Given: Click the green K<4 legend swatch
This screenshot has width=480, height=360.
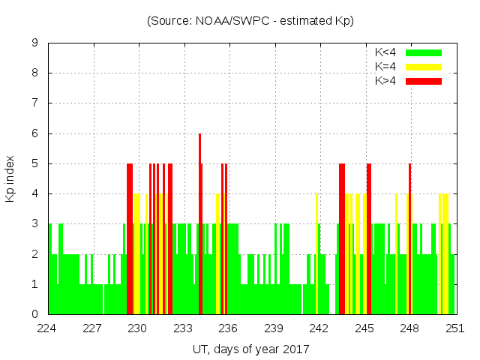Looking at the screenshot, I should tap(424, 52).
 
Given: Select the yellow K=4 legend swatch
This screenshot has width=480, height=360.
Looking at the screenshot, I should tap(424, 67).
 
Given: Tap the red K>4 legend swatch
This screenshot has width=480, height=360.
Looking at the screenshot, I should tap(424, 80).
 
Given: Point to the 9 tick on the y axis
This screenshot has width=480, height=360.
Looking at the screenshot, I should tap(34, 43).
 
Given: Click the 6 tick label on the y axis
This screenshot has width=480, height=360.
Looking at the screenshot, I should tap(34, 133).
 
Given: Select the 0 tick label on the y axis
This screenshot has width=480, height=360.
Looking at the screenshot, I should tap(34, 314).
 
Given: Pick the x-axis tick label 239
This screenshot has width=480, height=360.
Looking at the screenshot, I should tap(274, 328).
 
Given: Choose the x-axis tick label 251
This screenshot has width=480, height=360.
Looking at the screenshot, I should tap(455, 328).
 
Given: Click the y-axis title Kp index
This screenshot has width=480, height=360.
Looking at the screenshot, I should tap(10, 178).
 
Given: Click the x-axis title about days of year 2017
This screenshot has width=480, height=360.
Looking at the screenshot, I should tap(250, 349).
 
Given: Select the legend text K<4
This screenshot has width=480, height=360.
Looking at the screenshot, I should tap(385, 52).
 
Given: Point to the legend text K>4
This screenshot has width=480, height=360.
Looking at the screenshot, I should tap(385, 80).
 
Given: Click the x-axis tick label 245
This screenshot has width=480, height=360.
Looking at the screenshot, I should tap(364, 328).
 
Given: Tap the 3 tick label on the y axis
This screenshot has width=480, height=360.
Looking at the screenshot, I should tap(34, 223).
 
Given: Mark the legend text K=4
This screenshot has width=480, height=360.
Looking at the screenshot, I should tap(385, 67).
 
